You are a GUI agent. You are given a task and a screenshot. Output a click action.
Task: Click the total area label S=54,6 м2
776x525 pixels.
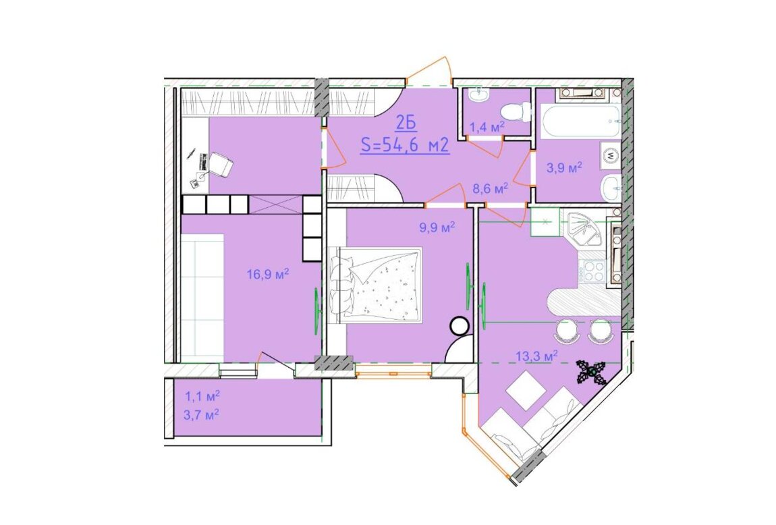[406, 146]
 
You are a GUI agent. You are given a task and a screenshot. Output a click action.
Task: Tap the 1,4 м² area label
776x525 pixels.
[487, 127]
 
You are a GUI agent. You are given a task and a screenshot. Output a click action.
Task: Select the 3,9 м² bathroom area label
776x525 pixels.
[564, 168]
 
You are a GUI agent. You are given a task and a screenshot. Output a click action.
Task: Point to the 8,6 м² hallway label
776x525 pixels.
[491, 188]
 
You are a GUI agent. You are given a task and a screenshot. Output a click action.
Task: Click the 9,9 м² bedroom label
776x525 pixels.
[437, 227]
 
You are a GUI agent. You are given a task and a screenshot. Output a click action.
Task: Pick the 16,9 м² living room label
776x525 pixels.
[268, 274]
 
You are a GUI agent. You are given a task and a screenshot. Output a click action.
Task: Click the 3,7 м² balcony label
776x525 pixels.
[202, 415]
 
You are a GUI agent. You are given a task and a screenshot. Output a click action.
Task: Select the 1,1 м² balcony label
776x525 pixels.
[202, 396]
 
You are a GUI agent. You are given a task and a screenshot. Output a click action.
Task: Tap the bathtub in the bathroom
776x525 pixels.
[580, 121]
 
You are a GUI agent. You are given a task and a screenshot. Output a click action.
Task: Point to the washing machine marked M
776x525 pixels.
[610, 155]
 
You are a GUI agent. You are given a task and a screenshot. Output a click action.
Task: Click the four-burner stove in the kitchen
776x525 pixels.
[593, 271]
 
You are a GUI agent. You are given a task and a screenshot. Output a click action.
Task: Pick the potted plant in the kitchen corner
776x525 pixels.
[592, 372]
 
